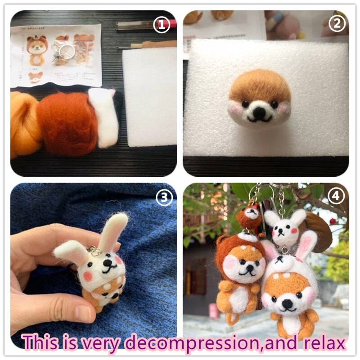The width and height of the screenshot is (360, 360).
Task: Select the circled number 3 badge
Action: click(x=164, y=197)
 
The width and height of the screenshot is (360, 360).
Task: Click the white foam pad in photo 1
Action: click(x=149, y=97)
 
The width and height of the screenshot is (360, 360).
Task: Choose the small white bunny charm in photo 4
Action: click(x=282, y=227)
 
